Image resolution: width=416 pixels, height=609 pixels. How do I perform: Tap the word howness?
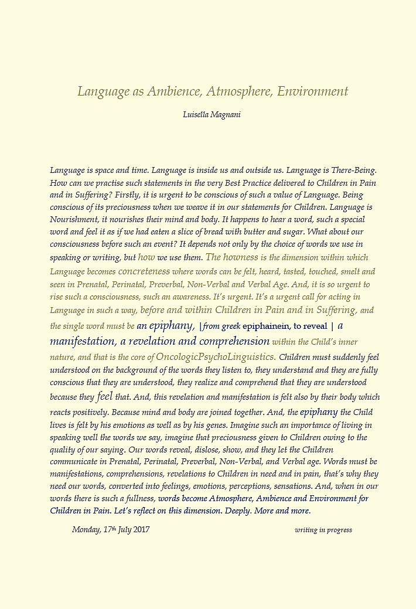coord(241,257)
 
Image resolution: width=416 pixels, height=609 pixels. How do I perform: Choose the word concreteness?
coord(144,271)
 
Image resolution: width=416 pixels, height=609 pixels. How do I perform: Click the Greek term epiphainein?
coord(265,326)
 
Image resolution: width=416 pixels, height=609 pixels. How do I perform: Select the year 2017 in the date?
coord(141,530)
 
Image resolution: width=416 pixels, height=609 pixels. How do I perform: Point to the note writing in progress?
coord(323,530)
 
